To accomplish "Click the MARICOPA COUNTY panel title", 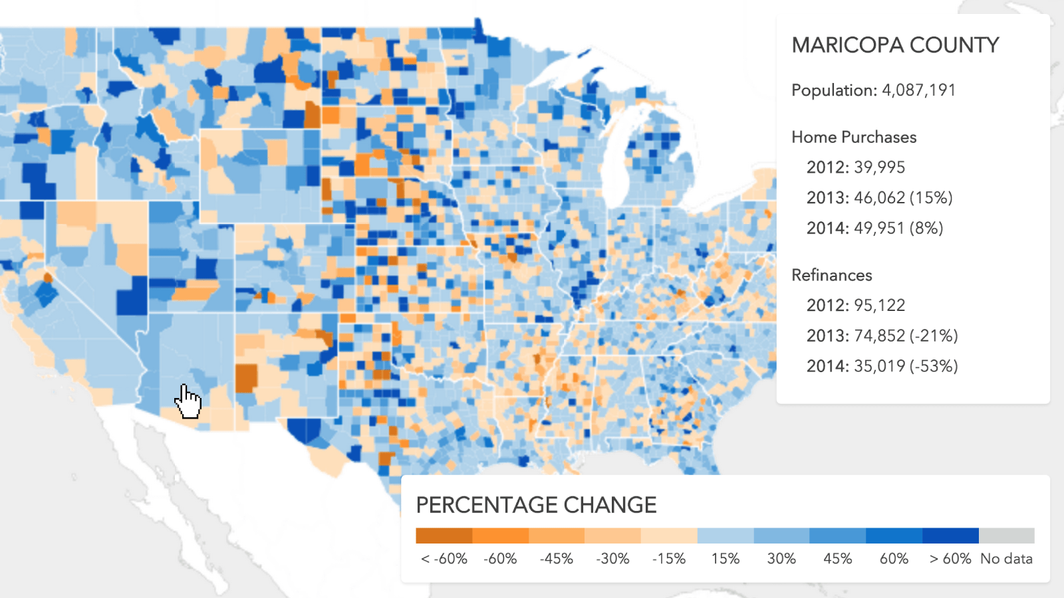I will (895, 45).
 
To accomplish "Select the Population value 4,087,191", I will (918, 90).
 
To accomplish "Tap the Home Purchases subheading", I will (854, 137).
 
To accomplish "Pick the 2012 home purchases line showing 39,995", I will (855, 167).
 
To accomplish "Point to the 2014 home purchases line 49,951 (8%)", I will (874, 229).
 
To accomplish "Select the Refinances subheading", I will (831, 275).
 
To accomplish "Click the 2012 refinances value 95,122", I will (855, 306).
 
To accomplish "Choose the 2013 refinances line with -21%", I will (882, 336).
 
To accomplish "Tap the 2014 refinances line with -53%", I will (882, 366).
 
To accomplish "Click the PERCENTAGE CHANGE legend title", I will (536, 505).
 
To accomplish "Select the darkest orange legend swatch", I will (444, 536).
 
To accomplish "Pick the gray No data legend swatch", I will (1006, 536).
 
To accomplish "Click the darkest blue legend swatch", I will (950, 536).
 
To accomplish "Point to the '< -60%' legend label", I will (444, 559).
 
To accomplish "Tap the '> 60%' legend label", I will (950, 559).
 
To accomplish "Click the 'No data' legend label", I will (1006, 559).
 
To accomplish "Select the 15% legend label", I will (725, 559).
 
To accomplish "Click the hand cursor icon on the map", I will (188, 401).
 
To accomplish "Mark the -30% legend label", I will (612, 559).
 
